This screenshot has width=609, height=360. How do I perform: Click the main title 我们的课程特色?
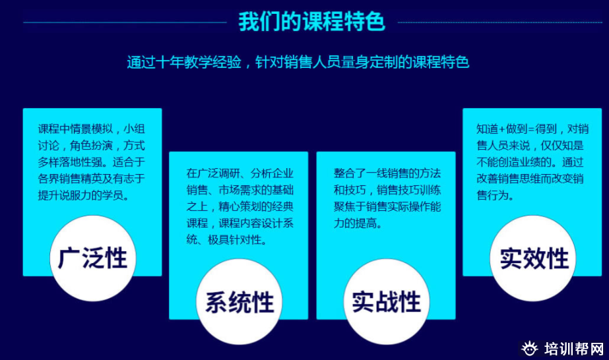pos(311,21)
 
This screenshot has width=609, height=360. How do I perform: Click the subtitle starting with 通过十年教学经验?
pos(298,62)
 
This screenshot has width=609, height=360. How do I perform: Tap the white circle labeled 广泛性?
pos(93,258)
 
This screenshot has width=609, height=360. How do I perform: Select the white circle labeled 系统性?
pos(240,302)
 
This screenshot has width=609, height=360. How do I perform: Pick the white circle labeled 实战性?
pos(387,302)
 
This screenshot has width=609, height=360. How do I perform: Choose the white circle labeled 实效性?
pos(533,258)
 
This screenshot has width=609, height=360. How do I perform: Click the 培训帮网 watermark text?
pos(574,349)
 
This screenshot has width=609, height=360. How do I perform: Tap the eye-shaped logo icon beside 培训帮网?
pos(529,348)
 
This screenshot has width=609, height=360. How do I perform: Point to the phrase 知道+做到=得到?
pos(517,129)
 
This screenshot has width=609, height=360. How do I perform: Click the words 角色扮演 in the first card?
pos(91,146)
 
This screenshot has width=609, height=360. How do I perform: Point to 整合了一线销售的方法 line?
pos(387,173)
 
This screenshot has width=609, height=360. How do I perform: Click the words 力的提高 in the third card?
pos(355,223)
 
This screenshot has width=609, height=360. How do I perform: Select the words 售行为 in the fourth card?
pos(492,195)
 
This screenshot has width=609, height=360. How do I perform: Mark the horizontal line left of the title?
pos(125,22)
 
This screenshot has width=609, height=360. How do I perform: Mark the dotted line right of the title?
pos(500,22)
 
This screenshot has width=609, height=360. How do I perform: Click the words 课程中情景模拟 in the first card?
pos(75,129)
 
